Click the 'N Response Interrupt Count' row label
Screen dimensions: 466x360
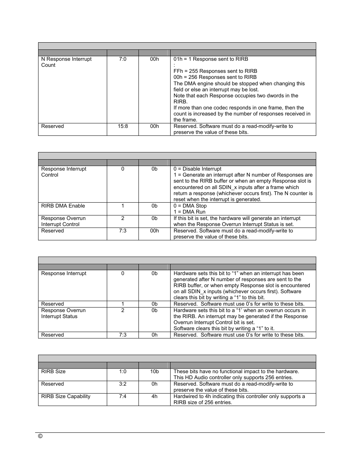point(66,62)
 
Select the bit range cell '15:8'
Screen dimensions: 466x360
point(123,126)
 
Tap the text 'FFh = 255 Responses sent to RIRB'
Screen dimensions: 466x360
point(215,71)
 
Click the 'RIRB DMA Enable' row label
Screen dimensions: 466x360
point(63,206)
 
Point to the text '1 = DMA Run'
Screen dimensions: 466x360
point(189,212)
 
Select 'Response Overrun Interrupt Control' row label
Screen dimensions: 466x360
point(63,221)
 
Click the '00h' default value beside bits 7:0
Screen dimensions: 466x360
point(154,59)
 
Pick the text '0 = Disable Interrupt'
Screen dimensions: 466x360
point(197,169)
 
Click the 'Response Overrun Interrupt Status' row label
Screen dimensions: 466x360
point(63,313)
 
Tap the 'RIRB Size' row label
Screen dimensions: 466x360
point(53,371)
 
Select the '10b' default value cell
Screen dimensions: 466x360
point(154,371)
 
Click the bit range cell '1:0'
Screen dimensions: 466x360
point(123,371)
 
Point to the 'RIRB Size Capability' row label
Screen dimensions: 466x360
point(66,396)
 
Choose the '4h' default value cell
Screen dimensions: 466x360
point(154,396)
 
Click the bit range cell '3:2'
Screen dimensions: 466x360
point(123,384)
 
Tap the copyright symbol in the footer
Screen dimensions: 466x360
point(40,436)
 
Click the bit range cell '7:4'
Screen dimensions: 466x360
point(123,396)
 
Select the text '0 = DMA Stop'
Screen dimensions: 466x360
point(190,206)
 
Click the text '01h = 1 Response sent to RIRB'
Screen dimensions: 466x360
point(211,59)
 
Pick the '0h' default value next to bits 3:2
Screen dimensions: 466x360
point(154,384)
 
